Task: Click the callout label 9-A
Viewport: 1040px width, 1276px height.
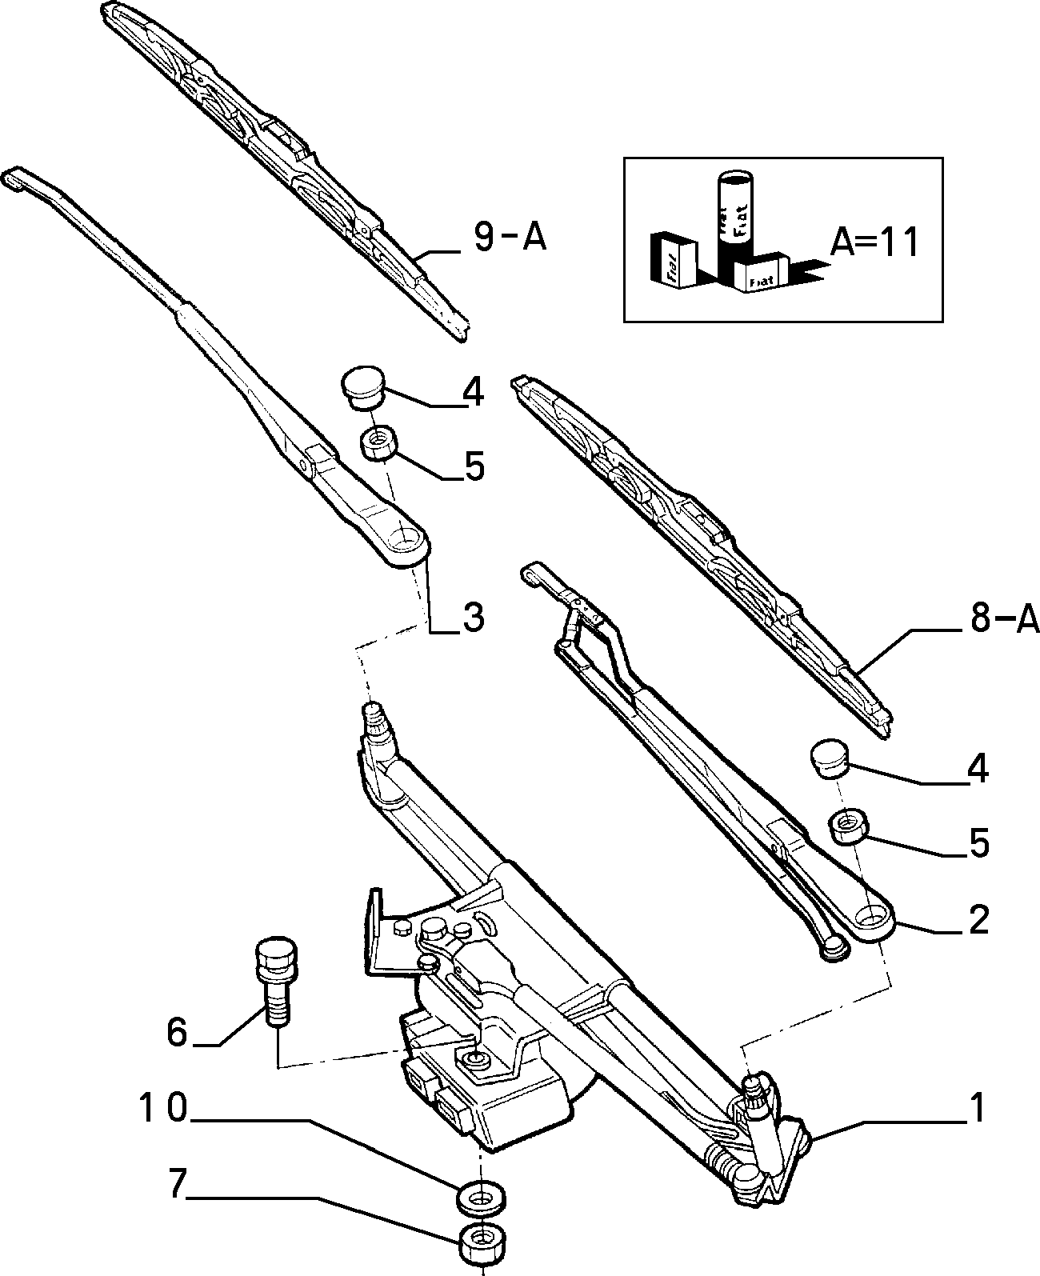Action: click(x=510, y=238)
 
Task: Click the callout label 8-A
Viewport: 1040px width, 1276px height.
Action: click(x=1005, y=618)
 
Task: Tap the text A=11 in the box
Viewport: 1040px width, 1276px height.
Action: click(x=874, y=243)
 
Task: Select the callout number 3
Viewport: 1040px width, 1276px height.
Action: click(x=473, y=618)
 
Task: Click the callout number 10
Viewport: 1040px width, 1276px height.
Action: click(x=163, y=1107)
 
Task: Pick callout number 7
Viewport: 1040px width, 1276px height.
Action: click(x=176, y=1184)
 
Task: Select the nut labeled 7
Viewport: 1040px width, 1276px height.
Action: click(x=482, y=1244)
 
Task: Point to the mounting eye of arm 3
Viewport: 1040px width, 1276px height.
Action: click(x=405, y=541)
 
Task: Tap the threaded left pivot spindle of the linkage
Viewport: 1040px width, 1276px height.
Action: click(x=376, y=722)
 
